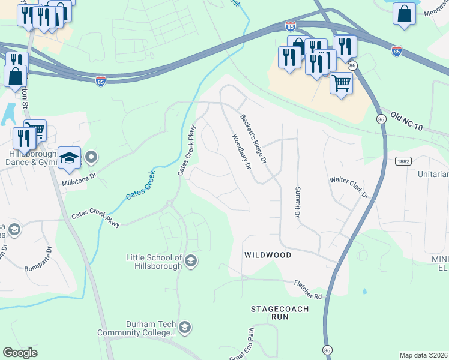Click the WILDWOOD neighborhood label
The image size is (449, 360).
coord(267,255)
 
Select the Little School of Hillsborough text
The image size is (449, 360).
coord(154,262)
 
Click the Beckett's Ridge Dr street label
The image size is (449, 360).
coord(253,139)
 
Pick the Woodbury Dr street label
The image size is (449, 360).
coord(241,152)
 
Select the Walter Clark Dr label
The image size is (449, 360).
coord(348,188)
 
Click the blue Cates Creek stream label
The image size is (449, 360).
coord(140,187)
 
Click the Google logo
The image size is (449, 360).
coord(20,353)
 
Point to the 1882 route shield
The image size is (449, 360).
coord(404,161)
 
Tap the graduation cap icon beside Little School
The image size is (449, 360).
coord(191,260)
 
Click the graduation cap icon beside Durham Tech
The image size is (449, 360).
coord(185,327)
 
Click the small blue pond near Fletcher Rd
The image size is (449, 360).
coord(364,292)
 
